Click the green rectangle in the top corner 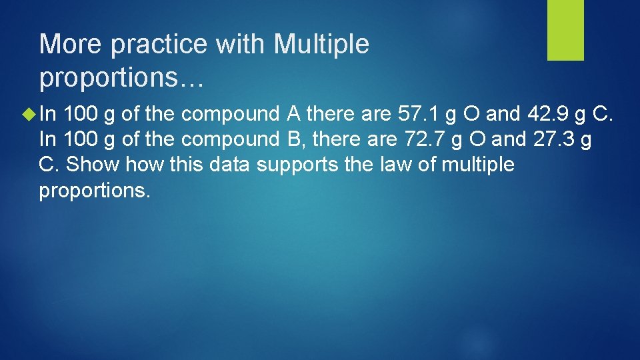(565, 30)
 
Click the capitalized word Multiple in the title (321, 45)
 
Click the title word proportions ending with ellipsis (121, 78)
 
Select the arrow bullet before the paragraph (29, 115)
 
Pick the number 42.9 (549, 114)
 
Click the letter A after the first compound (293, 114)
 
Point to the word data (231, 165)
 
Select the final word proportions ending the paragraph (95, 190)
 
